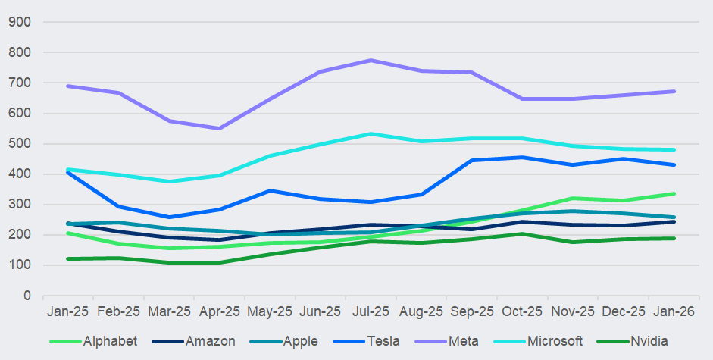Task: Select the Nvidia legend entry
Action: pos(649,341)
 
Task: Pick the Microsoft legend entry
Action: pos(553,341)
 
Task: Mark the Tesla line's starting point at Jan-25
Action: pos(68,172)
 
